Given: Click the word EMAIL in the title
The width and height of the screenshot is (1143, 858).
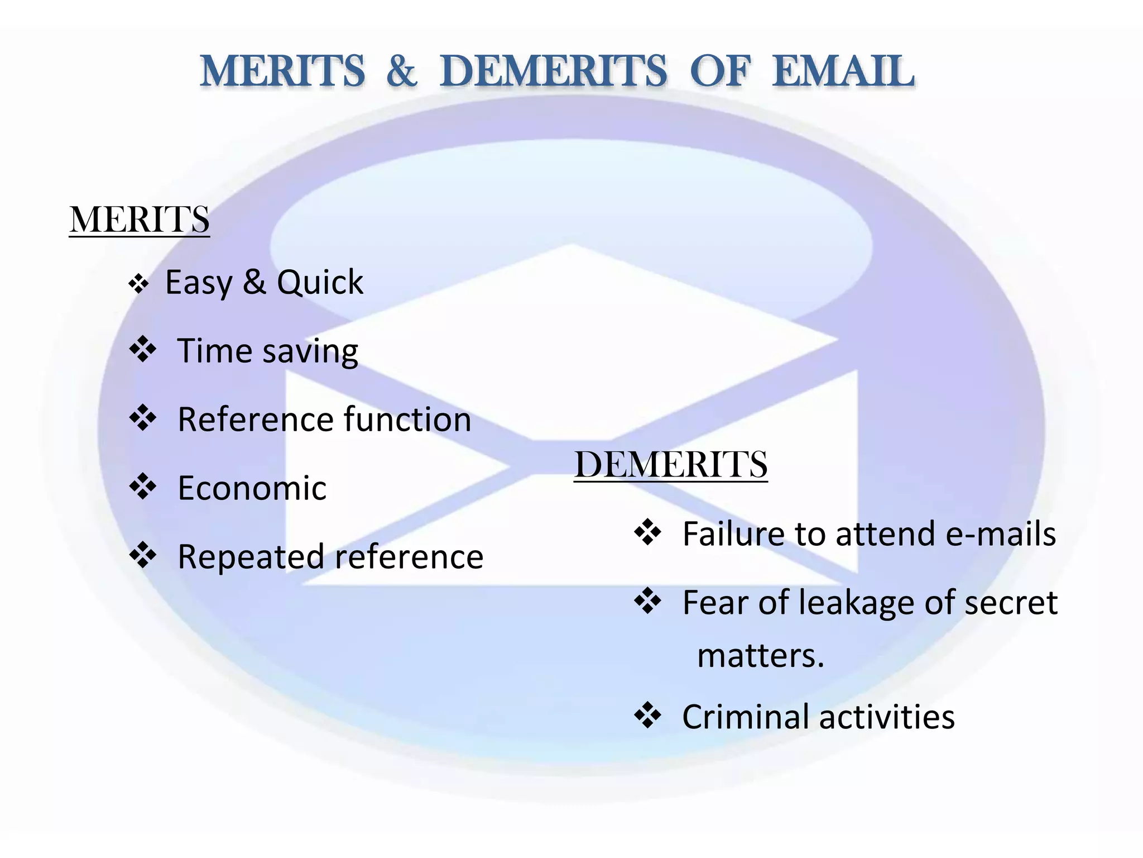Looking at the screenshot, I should (x=843, y=71).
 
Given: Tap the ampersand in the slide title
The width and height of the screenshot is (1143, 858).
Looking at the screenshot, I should (x=401, y=71).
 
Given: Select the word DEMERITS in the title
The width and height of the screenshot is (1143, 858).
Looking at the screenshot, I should (x=553, y=71).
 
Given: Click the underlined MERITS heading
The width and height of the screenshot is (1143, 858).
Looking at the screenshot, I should (x=139, y=219).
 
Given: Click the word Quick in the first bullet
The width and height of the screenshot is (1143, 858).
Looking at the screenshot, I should (x=320, y=282).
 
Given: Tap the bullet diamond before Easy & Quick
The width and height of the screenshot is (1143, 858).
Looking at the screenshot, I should (x=138, y=284).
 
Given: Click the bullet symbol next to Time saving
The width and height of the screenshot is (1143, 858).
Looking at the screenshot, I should (x=143, y=350).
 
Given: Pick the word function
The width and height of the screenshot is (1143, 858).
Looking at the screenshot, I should (x=407, y=420).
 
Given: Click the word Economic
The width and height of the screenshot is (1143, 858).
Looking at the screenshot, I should (x=252, y=488).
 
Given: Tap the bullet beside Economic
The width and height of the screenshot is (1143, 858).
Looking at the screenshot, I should (x=143, y=487).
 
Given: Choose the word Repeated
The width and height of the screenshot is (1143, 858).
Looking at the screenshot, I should (x=251, y=557).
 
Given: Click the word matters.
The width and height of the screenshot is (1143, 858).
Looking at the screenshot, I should (x=760, y=655).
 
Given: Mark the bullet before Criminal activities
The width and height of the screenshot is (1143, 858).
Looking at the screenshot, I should (x=648, y=715).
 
